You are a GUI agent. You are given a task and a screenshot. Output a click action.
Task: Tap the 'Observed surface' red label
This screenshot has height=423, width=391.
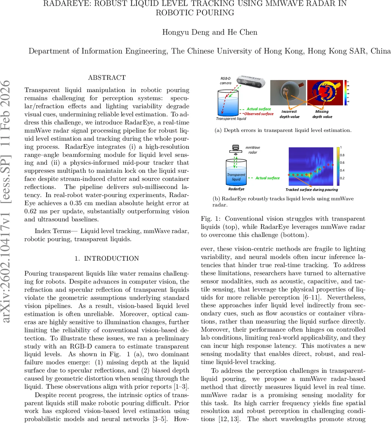point(259,114)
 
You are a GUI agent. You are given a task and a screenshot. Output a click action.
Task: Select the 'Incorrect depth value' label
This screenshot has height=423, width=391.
point(289,114)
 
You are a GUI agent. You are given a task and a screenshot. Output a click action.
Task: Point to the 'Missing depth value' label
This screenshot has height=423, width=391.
point(322,114)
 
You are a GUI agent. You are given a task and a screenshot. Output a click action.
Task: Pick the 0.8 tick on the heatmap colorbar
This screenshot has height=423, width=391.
point(342,155)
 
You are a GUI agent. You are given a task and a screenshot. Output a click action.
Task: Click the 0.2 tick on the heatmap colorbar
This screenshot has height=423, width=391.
point(342,178)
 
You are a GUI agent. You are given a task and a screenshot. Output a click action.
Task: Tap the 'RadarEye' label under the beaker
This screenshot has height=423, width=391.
point(236,189)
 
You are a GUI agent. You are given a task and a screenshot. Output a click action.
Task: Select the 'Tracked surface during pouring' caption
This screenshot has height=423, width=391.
point(311,190)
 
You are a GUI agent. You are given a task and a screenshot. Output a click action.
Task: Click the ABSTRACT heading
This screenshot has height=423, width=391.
point(107,78)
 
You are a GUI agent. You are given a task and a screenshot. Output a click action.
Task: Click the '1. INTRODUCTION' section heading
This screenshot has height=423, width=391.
point(107,258)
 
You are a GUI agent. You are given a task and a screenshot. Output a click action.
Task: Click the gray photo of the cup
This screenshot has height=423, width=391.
point(288,92)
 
